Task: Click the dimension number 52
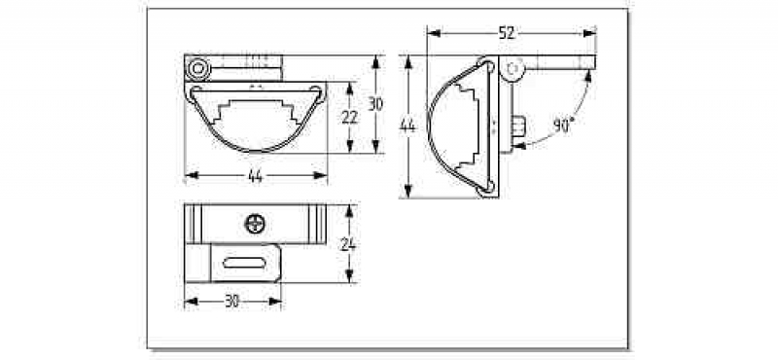(508, 33)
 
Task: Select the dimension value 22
(350, 117)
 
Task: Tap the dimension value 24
(349, 244)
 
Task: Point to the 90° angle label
(563, 126)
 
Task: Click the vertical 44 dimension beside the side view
(407, 126)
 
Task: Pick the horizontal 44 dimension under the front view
(255, 176)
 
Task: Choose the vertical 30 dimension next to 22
(375, 104)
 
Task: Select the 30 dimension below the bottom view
(232, 302)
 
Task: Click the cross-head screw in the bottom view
(255, 224)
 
